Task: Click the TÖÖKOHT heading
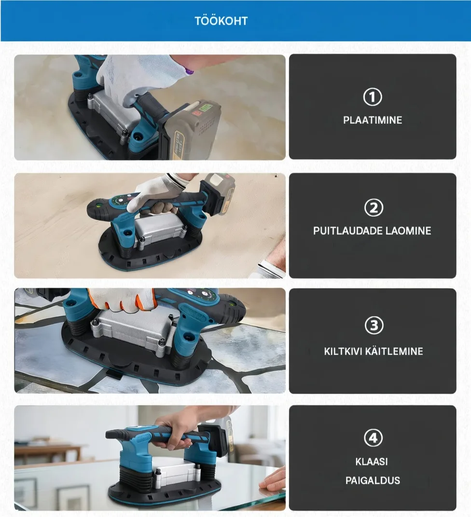pyautogui.click(x=221, y=21)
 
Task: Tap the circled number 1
pyautogui.click(x=373, y=97)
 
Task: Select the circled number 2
pyautogui.click(x=374, y=208)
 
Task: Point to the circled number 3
pyautogui.click(x=374, y=326)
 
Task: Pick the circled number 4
pyautogui.click(x=373, y=437)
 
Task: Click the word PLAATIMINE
pyautogui.click(x=373, y=120)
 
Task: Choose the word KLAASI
pyautogui.click(x=372, y=462)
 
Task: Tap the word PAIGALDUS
pyautogui.click(x=373, y=480)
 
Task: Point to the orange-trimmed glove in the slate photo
pyautogui.click(x=122, y=300)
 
